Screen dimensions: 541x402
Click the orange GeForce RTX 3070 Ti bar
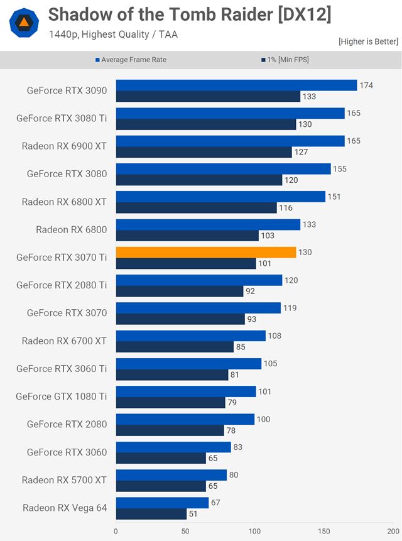tap(205, 252)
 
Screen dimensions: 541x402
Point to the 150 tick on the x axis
tap(323, 530)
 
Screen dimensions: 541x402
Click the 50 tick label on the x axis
tap(185, 530)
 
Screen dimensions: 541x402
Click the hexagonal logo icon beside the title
tap(23, 23)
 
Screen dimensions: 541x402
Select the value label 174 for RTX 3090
tap(366, 85)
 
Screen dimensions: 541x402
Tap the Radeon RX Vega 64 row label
tap(65, 508)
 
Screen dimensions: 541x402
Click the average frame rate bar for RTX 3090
tap(236, 85)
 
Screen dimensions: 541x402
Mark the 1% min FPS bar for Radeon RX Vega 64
tap(151, 514)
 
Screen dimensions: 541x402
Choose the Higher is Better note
tap(368, 41)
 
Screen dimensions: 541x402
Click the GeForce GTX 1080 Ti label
tap(62, 396)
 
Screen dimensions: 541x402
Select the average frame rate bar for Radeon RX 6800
tap(208, 224)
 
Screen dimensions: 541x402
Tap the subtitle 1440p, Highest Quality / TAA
tap(113, 35)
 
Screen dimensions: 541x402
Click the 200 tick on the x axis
tap(393, 530)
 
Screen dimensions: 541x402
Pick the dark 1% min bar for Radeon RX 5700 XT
tap(161, 486)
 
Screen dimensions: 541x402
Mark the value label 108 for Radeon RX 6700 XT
tap(274, 336)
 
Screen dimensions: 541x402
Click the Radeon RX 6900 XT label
tap(64, 146)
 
